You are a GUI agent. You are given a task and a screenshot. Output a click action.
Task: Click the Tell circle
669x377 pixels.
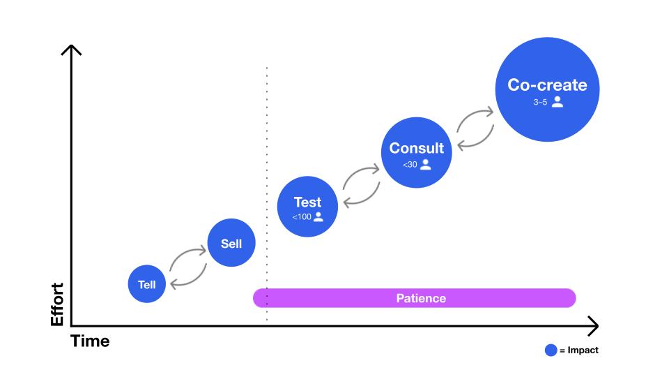(x=147, y=284)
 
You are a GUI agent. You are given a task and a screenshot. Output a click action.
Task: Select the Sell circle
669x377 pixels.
(x=231, y=244)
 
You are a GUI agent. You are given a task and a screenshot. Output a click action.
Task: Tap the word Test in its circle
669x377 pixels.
(x=307, y=202)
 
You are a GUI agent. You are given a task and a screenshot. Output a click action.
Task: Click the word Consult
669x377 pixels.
(x=416, y=148)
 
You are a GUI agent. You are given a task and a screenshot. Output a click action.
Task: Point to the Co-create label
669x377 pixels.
(x=547, y=85)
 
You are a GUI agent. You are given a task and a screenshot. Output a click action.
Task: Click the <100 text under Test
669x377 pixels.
(x=302, y=217)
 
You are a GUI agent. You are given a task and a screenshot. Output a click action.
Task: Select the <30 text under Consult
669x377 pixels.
(x=410, y=165)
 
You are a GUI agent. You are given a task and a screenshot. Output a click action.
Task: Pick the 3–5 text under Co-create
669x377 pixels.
(x=540, y=102)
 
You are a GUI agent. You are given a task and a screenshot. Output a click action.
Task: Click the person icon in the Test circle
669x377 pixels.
(x=318, y=216)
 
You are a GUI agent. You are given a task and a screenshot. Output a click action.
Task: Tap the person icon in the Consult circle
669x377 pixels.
(x=425, y=165)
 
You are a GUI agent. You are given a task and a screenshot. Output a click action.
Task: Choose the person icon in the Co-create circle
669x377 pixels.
(x=557, y=102)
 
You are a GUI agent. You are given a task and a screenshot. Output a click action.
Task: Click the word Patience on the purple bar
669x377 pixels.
(x=421, y=298)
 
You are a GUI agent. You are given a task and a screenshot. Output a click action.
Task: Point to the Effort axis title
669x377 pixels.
(x=57, y=304)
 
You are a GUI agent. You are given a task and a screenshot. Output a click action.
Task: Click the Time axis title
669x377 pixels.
(x=90, y=341)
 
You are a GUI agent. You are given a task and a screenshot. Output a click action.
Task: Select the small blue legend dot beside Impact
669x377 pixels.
(x=551, y=350)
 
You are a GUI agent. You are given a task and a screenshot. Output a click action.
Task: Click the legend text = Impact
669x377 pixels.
(x=578, y=350)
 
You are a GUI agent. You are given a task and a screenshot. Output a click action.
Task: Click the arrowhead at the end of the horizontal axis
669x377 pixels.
(x=593, y=325)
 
